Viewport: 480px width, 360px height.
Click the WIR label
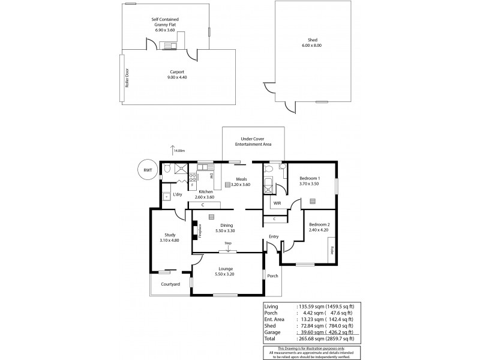277,203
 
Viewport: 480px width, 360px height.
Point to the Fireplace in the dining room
195,232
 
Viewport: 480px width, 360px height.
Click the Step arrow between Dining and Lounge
228,247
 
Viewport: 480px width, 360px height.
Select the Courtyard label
170,284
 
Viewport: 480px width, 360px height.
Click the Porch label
273,276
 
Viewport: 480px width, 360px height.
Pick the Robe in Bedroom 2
331,247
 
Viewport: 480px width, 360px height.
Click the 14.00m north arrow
173,151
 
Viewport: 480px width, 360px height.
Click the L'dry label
178,194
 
